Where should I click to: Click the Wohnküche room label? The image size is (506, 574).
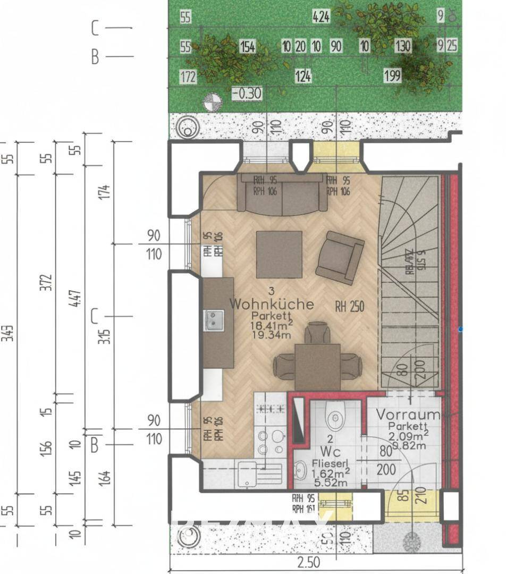(271, 305)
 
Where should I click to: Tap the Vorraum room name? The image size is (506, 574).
(408, 415)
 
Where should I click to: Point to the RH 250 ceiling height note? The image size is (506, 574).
(349, 306)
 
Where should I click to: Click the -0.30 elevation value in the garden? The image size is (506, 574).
(247, 94)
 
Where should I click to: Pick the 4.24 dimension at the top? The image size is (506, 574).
(321, 18)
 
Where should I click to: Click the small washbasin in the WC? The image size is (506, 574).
(301, 470)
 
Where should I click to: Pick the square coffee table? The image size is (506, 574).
(279, 255)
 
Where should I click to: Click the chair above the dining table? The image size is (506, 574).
(317, 334)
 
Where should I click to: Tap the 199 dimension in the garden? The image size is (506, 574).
(392, 76)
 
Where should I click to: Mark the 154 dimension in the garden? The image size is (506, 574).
(247, 47)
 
